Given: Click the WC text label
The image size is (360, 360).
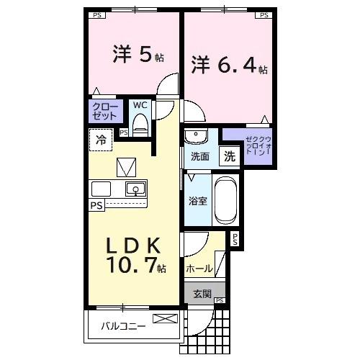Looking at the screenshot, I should (x=140, y=105).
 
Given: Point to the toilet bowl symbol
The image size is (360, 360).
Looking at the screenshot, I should (x=140, y=124).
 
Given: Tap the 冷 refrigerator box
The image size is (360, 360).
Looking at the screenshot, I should (x=100, y=140).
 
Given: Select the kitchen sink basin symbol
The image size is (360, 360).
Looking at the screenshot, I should (x=135, y=190).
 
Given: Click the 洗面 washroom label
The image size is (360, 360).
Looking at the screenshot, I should (x=200, y=156).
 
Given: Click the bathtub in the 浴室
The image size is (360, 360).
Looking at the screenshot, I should (x=225, y=201).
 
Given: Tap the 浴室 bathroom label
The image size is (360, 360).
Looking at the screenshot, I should (x=198, y=202).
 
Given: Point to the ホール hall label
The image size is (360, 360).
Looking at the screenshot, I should (x=199, y=269).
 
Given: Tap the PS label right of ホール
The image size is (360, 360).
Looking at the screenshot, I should (x=234, y=240).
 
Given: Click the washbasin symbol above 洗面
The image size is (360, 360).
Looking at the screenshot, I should (x=196, y=136).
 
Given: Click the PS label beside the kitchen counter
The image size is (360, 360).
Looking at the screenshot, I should (x=95, y=205).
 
